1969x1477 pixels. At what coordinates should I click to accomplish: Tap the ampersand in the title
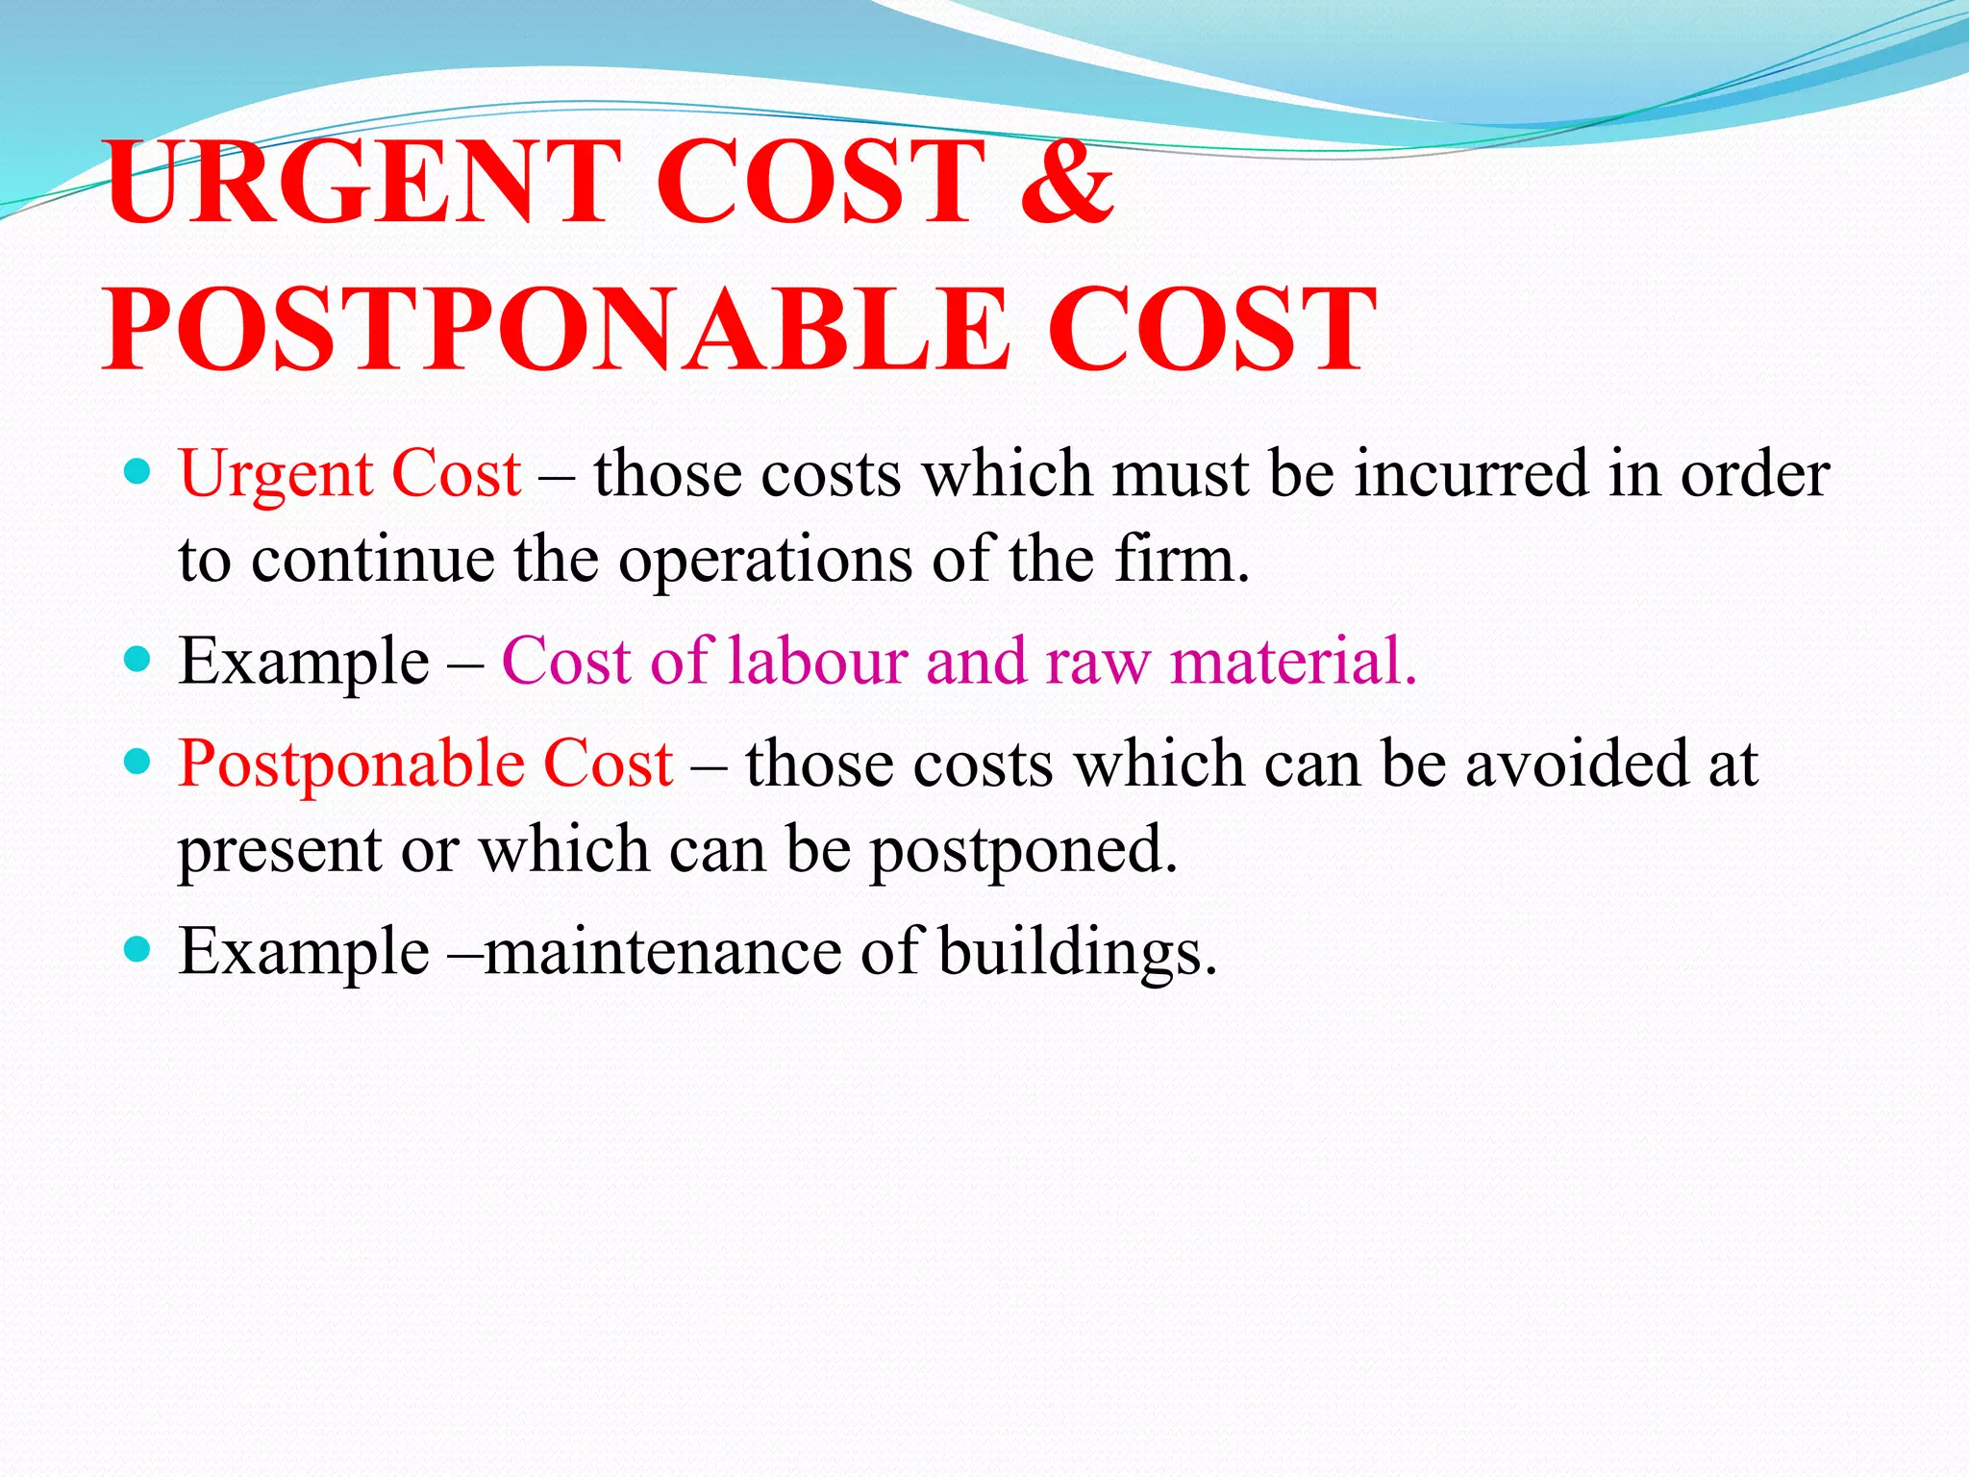(x=1066, y=182)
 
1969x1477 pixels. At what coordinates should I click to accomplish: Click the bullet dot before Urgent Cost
(x=138, y=471)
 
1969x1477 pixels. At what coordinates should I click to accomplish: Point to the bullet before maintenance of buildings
(x=138, y=949)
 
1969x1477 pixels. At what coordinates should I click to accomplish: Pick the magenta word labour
(x=818, y=661)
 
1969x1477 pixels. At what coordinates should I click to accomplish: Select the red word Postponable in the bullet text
(x=352, y=766)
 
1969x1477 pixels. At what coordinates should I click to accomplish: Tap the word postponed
(x=1023, y=850)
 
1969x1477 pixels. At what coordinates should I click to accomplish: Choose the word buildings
(x=1077, y=953)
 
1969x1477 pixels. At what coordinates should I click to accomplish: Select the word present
(x=280, y=852)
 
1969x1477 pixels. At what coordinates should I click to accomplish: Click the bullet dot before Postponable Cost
(x=138, y=763)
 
